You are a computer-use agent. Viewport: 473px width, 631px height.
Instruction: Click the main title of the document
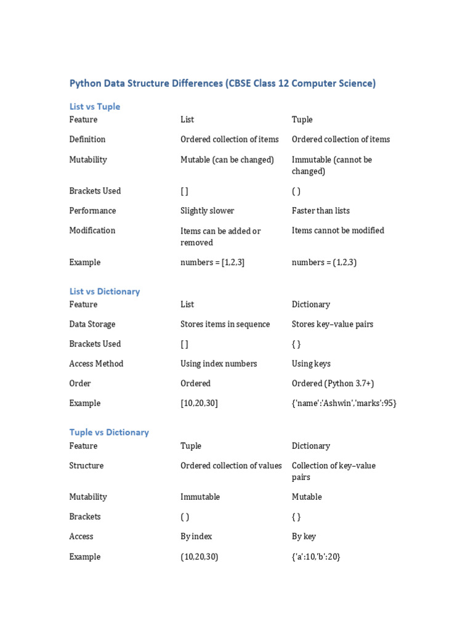click(222, 83)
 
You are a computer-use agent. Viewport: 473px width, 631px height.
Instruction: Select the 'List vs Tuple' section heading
click(95, 107)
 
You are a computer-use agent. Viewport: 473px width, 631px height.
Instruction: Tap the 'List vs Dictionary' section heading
click(105, 291)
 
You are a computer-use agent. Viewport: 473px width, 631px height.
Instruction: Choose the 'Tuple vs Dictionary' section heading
click(109, 433)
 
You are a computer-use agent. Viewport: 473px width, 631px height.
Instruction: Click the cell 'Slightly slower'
click(207, 211)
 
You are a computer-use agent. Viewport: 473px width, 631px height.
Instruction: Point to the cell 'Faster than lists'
click(320, 211)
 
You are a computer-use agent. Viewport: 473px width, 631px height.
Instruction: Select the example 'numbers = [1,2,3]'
click(212, 263)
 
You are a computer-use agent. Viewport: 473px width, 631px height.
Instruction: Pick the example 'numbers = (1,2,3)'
click(324, 263)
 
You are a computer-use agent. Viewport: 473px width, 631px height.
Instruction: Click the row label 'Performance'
click(92, 211)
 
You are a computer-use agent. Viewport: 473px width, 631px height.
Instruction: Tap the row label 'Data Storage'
click(92, 324)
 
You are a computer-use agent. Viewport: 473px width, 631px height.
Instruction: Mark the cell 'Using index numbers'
click(219, 364)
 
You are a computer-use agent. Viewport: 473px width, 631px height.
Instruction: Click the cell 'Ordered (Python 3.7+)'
click(335, 383)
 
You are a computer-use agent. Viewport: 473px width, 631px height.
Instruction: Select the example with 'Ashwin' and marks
click(344, 403)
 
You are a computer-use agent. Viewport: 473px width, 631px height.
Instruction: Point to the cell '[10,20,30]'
click(199, 403)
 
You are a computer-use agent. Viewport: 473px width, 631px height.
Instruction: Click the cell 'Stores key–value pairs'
click(333, 324)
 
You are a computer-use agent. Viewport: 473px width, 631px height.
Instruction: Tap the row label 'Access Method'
click(96, 364)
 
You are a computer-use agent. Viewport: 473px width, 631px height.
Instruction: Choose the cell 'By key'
click(304, 537)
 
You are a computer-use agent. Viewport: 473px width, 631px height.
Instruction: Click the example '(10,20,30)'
click(200, 557)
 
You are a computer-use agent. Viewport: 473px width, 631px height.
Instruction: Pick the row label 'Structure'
click(86, 466)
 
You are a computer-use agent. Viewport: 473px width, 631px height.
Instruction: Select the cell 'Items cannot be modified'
click(338, 230)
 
